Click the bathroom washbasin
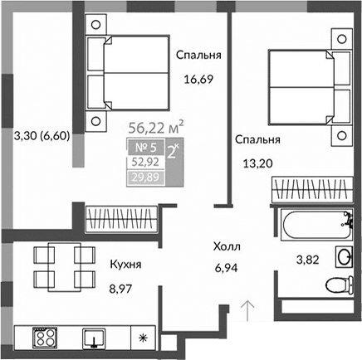click(x=344, y=255)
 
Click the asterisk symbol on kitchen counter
click(x=143, y=338)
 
